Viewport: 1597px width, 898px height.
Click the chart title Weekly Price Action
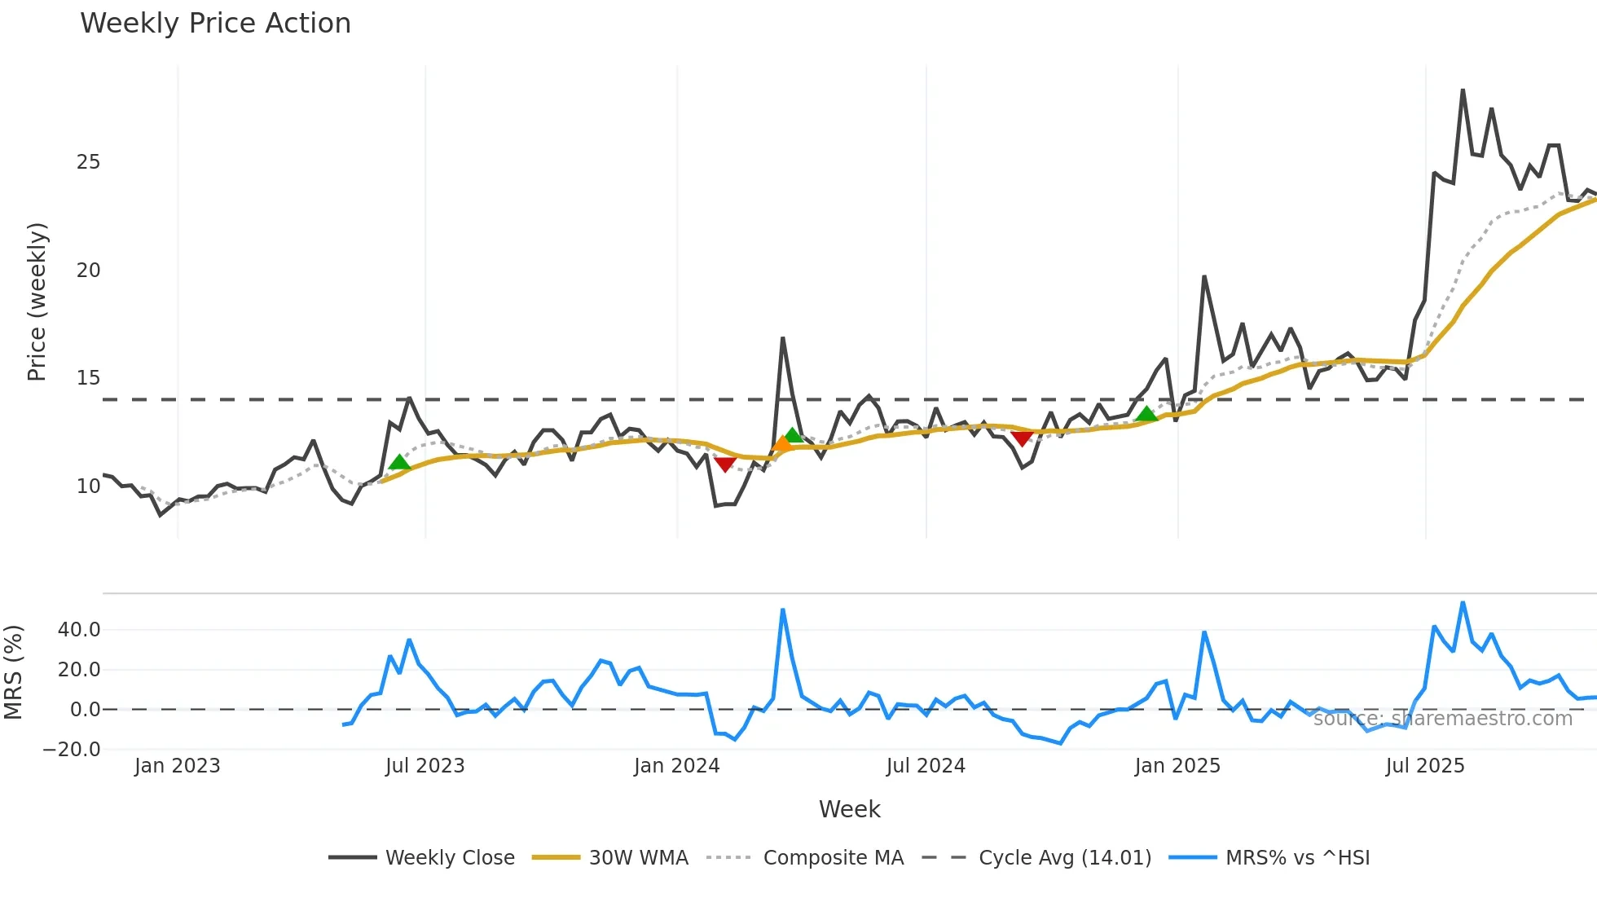(x=215, y=23)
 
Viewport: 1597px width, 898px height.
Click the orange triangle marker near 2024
(x=782, y=444)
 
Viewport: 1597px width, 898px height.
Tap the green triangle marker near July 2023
(x=399, y=462)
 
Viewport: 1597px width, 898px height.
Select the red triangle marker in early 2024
(x=725, y=464)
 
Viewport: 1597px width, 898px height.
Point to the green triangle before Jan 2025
(x=1146, y=414)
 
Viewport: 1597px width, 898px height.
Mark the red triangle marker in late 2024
(x=1022, y=438)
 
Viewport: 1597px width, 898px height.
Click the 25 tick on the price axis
(x=88, y=162)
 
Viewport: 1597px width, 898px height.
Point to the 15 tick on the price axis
(x=88, y=378)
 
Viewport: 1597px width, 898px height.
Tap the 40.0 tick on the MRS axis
(x=79, y=629)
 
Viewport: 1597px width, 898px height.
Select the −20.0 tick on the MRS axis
(x=73, y=749)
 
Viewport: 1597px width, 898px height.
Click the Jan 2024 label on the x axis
(x=676, y=766)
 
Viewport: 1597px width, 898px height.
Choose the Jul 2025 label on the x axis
(x=1425, y=766)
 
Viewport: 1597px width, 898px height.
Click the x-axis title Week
(x=849, y=809)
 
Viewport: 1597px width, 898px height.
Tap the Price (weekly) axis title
(x=37, y=302)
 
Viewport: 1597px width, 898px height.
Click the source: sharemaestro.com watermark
(x=1442, y=718)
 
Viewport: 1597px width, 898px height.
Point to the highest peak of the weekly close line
(x=1463, y=90)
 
